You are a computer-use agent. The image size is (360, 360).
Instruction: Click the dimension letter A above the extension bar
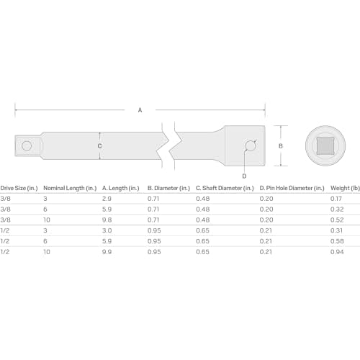click(140, 110)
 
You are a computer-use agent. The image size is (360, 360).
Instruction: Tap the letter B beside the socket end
click(281, 146)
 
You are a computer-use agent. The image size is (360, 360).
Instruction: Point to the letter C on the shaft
click(99, 146)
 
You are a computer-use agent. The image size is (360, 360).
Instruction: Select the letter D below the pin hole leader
click(244, 176)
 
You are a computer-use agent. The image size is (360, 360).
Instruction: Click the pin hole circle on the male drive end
click(27, 145)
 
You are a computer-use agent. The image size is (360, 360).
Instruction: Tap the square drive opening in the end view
click(325, 145)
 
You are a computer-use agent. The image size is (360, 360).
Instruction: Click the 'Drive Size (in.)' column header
click(19, 188)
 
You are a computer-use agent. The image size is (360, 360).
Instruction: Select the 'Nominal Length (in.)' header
click(70, 188)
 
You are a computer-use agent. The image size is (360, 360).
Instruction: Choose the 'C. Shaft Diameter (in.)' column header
click(225, 188)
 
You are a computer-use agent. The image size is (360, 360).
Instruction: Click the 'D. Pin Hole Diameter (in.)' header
click(292, 188)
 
